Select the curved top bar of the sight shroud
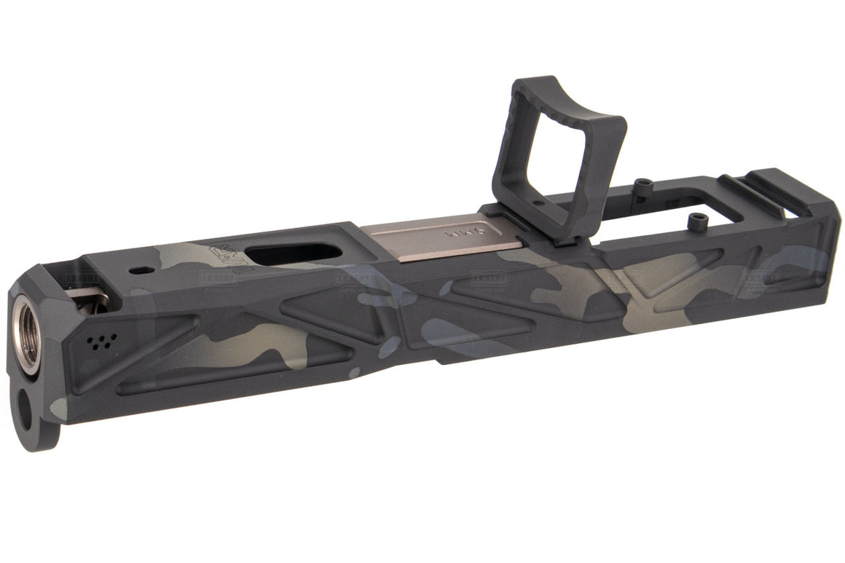click(x=568, y=99)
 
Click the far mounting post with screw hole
click(x=642, y=184)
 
